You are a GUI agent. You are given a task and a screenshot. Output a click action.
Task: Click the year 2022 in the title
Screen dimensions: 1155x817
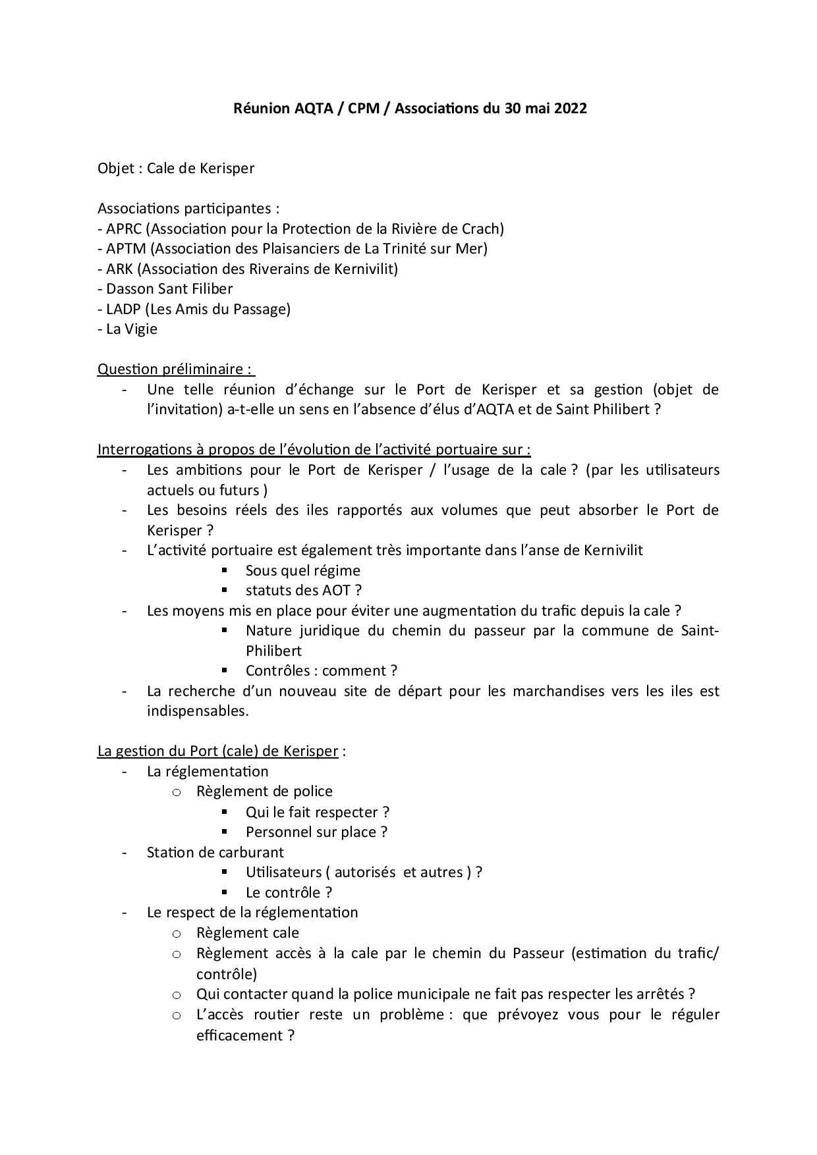click(570, 109)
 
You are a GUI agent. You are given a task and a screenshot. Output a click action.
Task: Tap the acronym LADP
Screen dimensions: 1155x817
click(123, 309)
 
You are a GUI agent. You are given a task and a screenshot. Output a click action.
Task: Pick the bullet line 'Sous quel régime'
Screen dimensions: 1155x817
click(302, 571)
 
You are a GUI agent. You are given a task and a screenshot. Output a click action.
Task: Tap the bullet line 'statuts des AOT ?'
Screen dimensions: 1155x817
click(303, 591)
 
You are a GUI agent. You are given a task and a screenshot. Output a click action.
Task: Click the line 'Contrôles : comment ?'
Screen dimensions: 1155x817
click(321, 671)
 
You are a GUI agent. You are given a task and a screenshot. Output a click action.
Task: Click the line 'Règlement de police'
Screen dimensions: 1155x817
click(264, 792)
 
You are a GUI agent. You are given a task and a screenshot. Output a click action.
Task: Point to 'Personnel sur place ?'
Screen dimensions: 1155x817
click(316, 832)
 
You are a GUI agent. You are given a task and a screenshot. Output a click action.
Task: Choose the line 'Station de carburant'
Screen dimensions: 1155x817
click(215, 853)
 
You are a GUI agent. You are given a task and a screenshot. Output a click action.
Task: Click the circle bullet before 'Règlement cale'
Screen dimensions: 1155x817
click(176, 934)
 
